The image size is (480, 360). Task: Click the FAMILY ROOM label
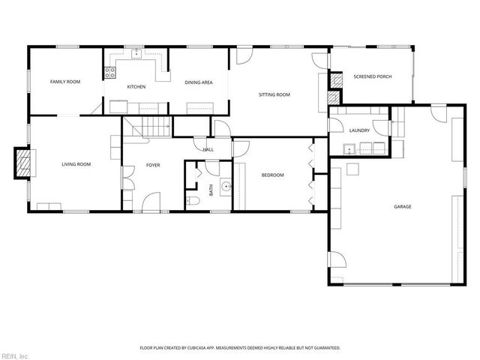(x=64, y=81)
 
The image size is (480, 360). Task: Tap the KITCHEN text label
(x=136, y=87)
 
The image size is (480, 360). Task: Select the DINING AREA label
(x=199, y=82)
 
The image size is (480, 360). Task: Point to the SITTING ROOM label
(x=274, y=95)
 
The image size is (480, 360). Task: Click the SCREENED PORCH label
(x=373, y=76)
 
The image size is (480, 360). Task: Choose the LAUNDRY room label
(x=359, y=130)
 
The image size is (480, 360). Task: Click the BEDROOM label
(x=272, y=175)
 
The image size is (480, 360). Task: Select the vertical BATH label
(x=211, y=190)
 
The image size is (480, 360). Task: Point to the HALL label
(x=208, y=149)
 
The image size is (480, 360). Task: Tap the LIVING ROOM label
(x=76, y=163)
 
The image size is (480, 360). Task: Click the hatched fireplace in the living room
(x=25, y=163)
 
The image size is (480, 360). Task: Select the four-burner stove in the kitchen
(x=109, y=73)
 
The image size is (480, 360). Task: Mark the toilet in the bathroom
(x=193, y=200)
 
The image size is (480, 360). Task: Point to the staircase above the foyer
(x=147, y=128)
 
